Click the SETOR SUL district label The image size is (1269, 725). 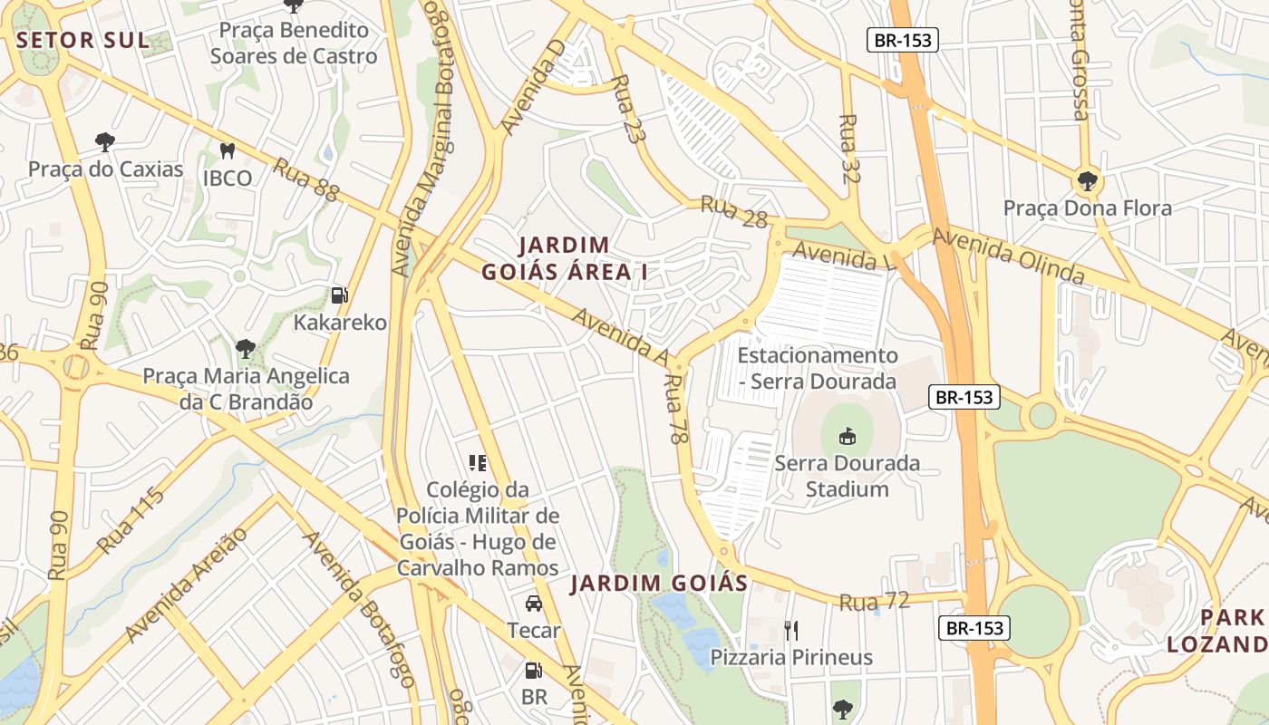82,40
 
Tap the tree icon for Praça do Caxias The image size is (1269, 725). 105,141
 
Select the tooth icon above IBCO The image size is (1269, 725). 228,150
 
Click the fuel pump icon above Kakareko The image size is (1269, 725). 340,295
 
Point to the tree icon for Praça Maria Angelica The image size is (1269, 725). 245,348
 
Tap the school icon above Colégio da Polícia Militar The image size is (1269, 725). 478,463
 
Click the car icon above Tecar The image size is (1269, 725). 534,604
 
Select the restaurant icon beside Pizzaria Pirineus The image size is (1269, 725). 791,630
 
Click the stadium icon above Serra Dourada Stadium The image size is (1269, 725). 848,436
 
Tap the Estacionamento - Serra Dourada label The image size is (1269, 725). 817,368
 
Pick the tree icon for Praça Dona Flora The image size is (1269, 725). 1087,180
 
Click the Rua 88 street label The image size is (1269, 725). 305,179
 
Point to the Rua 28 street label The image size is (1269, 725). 734,212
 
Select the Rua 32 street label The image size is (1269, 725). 848,150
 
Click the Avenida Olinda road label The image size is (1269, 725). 1008,256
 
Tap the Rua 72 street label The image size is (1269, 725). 874,602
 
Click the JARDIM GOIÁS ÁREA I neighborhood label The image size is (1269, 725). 564,258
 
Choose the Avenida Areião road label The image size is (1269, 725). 187,585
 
